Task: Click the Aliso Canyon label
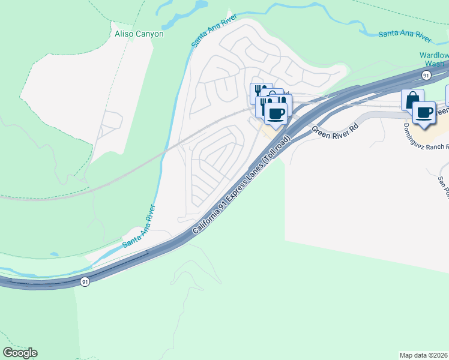139,34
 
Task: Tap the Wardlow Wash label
433,59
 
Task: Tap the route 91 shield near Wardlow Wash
426,76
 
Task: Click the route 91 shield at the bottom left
86,282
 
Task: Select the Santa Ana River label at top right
405,34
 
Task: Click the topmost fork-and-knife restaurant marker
261,92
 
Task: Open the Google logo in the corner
20,353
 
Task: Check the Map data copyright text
424,355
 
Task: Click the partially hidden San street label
442,182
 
